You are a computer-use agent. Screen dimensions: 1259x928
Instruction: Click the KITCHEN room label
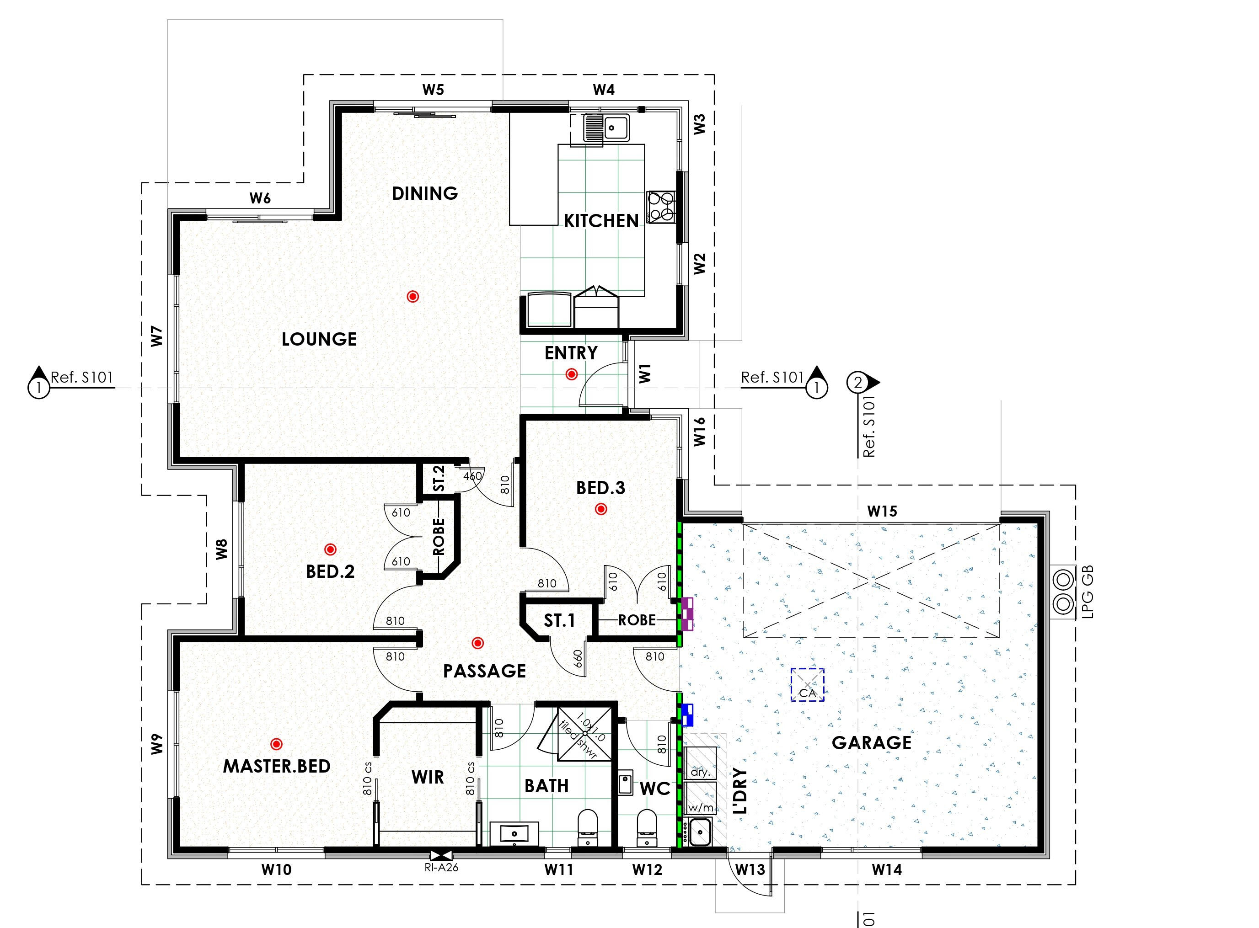(600, 221)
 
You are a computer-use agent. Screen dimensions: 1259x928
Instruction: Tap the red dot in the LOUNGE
(413, 296)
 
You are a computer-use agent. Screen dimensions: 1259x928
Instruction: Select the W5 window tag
(433, 90)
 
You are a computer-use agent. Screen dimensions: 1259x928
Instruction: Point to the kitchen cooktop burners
(661, 206)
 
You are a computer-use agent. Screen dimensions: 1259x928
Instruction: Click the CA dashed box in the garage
(807, 685)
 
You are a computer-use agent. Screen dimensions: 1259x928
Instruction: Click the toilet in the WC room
(647, 827)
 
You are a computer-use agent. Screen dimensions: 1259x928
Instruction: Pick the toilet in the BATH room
(588, 827)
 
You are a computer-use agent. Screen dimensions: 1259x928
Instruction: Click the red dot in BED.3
(601, 509)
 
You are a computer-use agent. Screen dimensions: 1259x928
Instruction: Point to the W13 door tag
(750, 869)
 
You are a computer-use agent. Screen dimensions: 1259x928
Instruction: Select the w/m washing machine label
(701, 808)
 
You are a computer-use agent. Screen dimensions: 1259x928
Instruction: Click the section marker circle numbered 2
(857, 383)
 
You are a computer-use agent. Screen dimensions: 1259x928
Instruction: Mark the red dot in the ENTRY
(571, 374)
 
